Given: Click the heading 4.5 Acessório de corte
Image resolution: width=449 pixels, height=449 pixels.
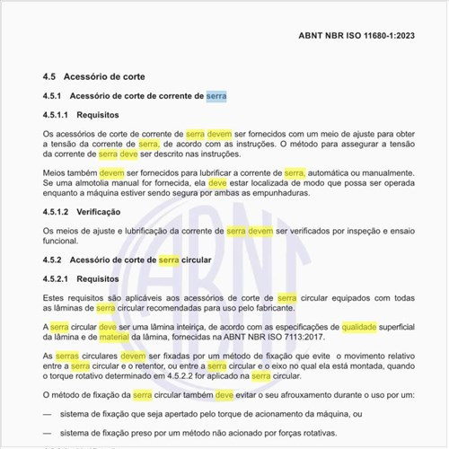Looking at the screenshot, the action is tap(94, 76).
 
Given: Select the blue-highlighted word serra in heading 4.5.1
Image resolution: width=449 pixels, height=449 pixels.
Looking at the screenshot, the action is tap(216, 95).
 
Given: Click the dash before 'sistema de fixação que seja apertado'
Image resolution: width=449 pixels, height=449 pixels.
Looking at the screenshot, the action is tap(47, 415).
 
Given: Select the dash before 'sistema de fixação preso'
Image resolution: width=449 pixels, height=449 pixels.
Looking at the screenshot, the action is tap(47, 434).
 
